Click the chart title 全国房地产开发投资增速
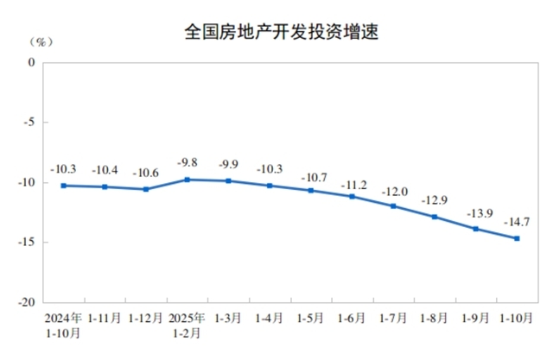click(283, 33)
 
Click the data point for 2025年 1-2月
click(188, 180)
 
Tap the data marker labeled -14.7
click(517, 238)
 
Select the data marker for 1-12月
click(146, 189)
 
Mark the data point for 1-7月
click(393, 205)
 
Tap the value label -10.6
click(146, 171)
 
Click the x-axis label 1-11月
click(105, 318)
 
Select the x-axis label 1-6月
click(352, 318)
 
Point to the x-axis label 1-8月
click(434, 318)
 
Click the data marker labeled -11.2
click(352, 196)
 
